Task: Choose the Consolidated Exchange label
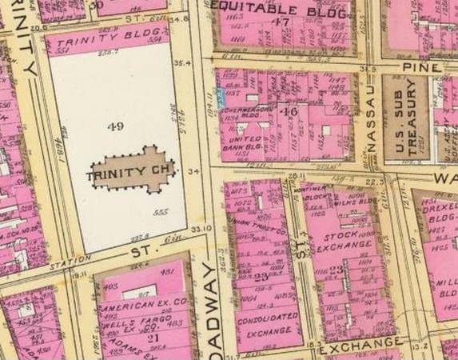coord(254,323)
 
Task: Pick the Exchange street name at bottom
coord(360,344)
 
